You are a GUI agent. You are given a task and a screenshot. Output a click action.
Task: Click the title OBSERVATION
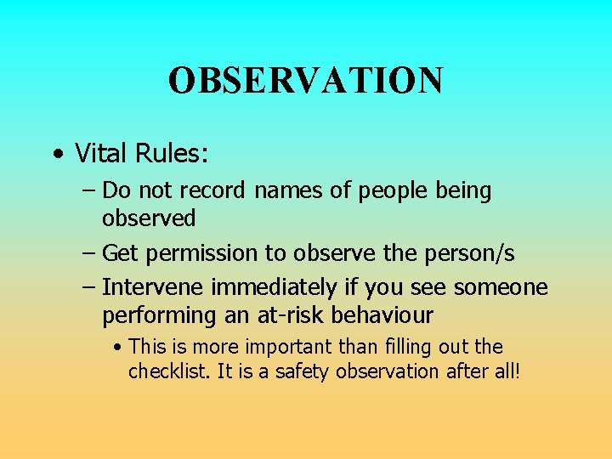[305, 81]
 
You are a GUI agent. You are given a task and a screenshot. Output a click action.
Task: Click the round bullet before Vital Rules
[56, 156]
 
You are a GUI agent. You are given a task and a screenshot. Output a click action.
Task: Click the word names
[290, 191]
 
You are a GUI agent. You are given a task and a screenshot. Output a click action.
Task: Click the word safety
[298, 371]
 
